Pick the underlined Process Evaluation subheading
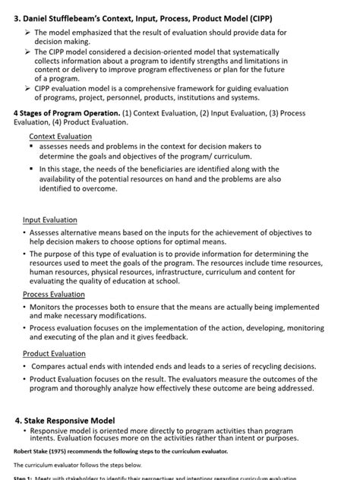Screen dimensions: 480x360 [x=54, y=293]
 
